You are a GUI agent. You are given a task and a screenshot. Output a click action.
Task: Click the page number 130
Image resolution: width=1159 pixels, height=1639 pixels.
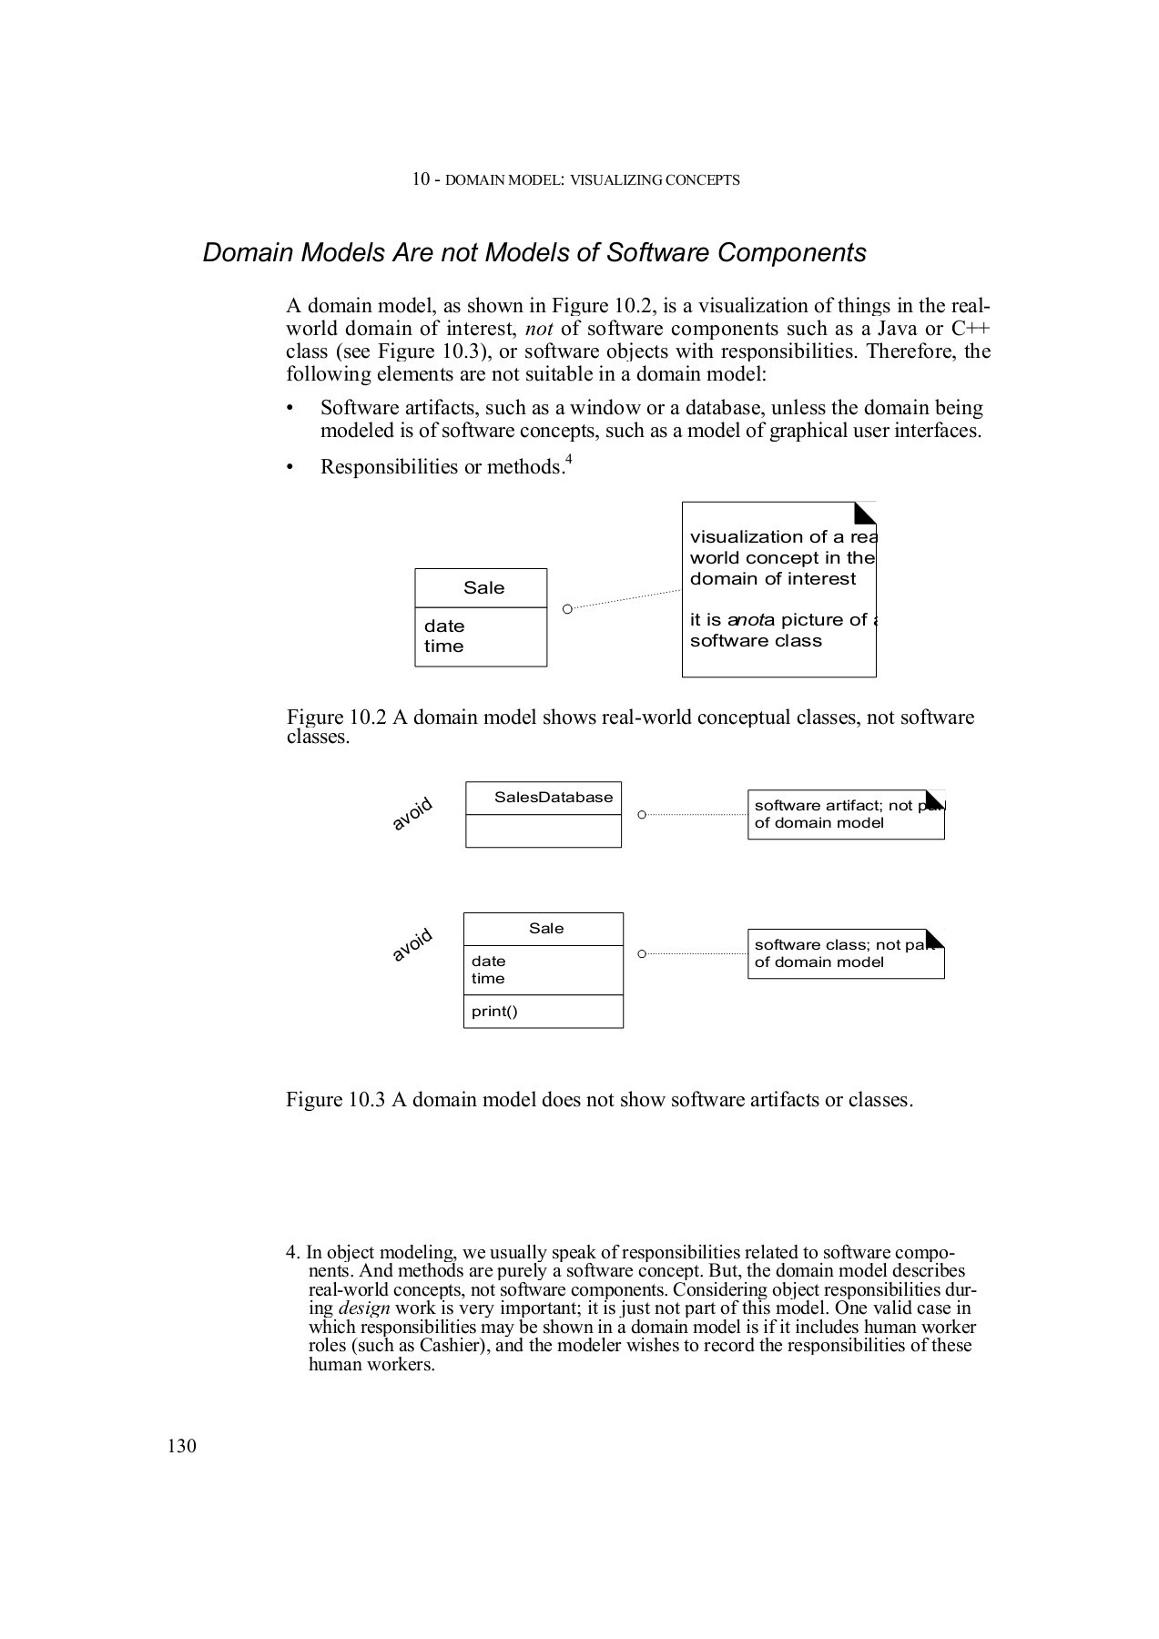coord(181,1446)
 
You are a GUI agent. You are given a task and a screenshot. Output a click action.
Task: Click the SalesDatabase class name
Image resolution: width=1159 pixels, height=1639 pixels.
coord(553,798)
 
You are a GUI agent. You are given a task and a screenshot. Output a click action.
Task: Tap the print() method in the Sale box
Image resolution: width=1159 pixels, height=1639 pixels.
coord(494,1011)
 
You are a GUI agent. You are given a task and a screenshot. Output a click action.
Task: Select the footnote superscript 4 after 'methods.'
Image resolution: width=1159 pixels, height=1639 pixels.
coord(568,460)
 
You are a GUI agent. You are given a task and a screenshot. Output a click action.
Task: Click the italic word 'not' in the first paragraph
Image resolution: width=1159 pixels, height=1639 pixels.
coord(540,329)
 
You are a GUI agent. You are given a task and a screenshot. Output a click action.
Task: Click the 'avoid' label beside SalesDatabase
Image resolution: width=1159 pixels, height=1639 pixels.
coord(412,814)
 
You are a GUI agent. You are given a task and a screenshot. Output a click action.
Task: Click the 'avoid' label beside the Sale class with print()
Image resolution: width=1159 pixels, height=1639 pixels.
coord(412,945)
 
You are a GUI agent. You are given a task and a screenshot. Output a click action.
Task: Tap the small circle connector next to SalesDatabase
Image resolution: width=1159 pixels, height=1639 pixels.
coord(641,814)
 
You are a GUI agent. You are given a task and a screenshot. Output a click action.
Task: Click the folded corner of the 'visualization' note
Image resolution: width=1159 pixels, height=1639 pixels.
coord(866,513)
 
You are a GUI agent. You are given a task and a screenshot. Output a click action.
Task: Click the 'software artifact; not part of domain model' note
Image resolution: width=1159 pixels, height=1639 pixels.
coord(845,814)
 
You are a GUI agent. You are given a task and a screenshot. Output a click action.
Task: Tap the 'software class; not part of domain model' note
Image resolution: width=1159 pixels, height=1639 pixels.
coord(845,953)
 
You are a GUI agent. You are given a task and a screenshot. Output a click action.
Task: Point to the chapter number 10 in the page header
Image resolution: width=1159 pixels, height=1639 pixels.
coord(421,179)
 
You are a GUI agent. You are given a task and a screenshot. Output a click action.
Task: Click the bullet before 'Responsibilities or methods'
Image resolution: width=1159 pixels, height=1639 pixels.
coord(290,468)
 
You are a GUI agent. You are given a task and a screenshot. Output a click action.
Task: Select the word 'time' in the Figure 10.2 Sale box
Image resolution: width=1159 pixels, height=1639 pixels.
coord(443,646)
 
